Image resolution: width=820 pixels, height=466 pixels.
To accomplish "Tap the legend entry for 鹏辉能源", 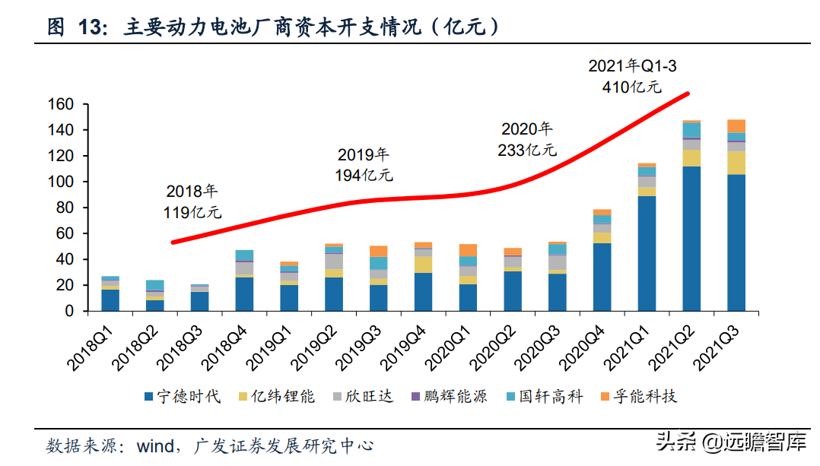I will [456, 396].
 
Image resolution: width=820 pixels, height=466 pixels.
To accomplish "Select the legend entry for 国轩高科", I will [550, 396].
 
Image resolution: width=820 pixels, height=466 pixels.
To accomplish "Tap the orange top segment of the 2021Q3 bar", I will [736, 126].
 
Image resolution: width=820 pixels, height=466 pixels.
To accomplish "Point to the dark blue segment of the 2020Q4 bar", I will [602, 277].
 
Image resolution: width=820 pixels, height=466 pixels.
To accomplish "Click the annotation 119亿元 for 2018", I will [192, 213].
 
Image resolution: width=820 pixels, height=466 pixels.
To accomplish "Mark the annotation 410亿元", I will [631, 87].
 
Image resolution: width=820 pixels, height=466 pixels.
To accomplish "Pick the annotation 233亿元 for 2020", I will [526, 150].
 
